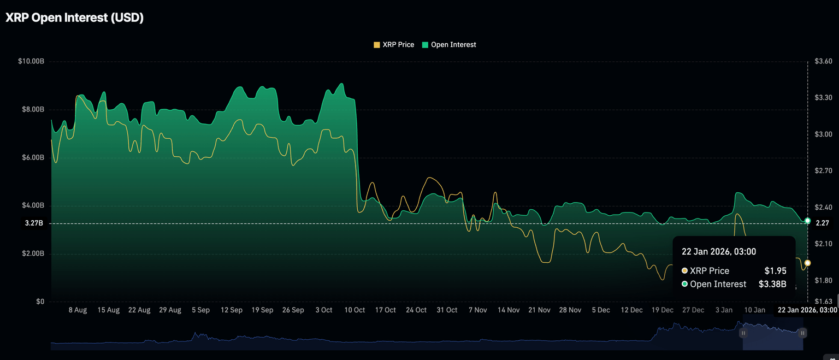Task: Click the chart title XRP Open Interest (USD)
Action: click(x=74, y=17)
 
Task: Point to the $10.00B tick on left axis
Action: click(x=31, y=61)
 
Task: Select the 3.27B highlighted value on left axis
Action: click(x=34, y=223)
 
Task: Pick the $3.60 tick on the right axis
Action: click(x=823, y=61)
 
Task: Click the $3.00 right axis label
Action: click(x=823, y=134)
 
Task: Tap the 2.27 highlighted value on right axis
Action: click(x=822, y=223)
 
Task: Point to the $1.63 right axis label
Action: click(x=823, y=302)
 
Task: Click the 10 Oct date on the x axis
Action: click(x=354, y=310)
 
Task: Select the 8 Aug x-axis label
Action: click(x=78, y=310)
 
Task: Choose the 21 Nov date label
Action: click(x=539, y=310)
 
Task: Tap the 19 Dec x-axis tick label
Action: click(x=662, y=310)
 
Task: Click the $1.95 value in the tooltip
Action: click(x=775, y=271)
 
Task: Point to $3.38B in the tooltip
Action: click(x=772, y=284)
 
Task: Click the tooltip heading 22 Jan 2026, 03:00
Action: click(x=719, y=251)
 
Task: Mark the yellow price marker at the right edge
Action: click(x=807, y=263)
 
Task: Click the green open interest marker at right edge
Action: click(x=807, y=220)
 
